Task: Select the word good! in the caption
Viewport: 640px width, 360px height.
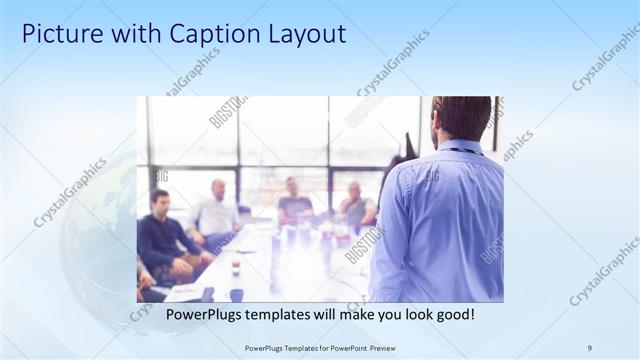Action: (454, 315)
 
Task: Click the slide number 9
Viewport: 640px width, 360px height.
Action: (589, 347)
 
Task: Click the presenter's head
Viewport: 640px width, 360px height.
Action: (461, 118)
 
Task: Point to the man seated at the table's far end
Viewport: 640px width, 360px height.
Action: (294, 199)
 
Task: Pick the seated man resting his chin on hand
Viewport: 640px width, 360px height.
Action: (356, 205)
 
